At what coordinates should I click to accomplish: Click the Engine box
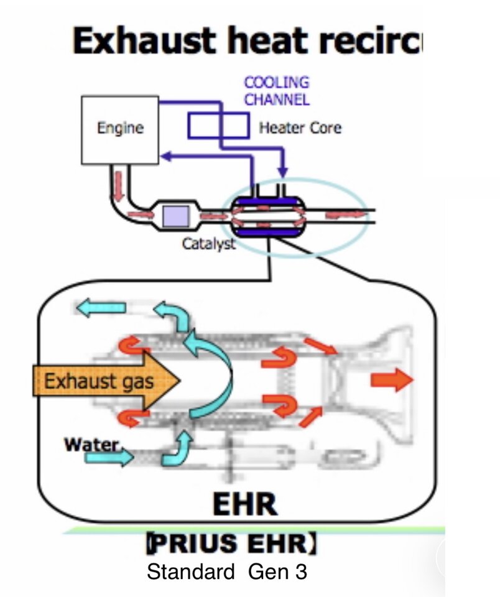coord(120,130)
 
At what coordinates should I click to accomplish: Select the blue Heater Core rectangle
coord(218,125)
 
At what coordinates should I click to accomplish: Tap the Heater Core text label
coord(300,128)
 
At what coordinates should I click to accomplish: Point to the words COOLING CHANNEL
coord(277,91)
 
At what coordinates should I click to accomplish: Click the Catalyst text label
coord(209,243)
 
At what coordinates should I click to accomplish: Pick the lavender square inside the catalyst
coord(175,216)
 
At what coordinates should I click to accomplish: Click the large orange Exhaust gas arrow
coord(106,381)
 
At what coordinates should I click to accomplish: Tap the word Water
coord(91,444)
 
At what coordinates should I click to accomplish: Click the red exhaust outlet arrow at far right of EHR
coord(392,379)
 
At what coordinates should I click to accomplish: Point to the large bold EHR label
coord(245,504)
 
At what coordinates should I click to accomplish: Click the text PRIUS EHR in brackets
coord(231,543)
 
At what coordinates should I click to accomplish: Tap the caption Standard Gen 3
coord(227,572)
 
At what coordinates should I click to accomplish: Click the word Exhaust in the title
coord(145,40)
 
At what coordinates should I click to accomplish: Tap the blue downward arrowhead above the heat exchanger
coord(282,172)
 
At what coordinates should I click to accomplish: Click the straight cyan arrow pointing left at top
coord(101,308)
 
